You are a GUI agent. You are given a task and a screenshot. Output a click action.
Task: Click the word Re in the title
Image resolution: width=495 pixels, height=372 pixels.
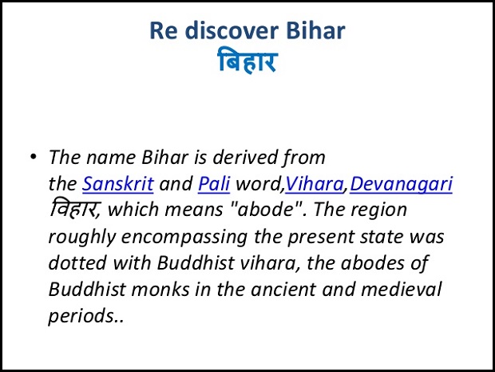(x=161, y=30)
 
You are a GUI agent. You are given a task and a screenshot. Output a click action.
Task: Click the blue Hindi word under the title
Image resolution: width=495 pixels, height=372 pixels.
(x=247, y=61)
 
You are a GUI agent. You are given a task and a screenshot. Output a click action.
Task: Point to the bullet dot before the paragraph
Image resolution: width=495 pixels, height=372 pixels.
(x=34, y=157)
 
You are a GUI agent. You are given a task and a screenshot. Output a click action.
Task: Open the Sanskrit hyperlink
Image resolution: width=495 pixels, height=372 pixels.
(x=118, y=184)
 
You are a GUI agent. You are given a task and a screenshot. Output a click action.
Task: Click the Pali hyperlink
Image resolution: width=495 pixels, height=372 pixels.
(x=214, y=184)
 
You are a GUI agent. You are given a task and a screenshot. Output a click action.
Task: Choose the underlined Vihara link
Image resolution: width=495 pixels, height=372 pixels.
(x=315, y=184)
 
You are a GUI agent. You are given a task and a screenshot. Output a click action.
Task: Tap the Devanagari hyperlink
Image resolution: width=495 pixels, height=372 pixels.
(x=402, y=185)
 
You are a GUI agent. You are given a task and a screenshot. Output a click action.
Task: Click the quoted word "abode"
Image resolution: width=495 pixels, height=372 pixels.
(x=265, y=210)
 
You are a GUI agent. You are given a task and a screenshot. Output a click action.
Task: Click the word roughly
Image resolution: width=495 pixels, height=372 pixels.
(x=82, y=238)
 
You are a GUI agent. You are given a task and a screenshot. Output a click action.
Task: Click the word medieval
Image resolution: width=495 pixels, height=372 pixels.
(x=401, y=289)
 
